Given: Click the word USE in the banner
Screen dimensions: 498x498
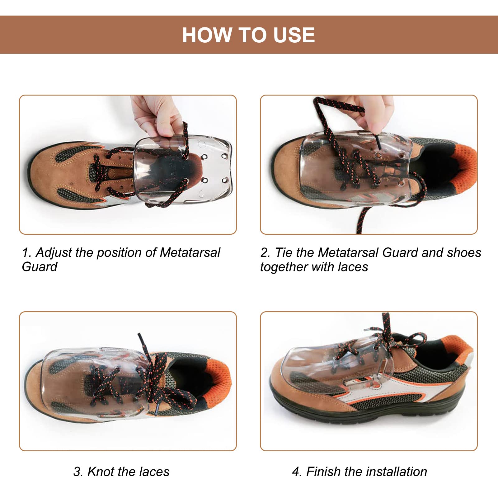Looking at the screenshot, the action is (294, 35).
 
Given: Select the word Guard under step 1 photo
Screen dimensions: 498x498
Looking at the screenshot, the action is (40, 267).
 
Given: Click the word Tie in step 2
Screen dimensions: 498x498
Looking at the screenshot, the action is (284, 252).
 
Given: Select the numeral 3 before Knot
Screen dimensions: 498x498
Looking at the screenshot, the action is (77, 472).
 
